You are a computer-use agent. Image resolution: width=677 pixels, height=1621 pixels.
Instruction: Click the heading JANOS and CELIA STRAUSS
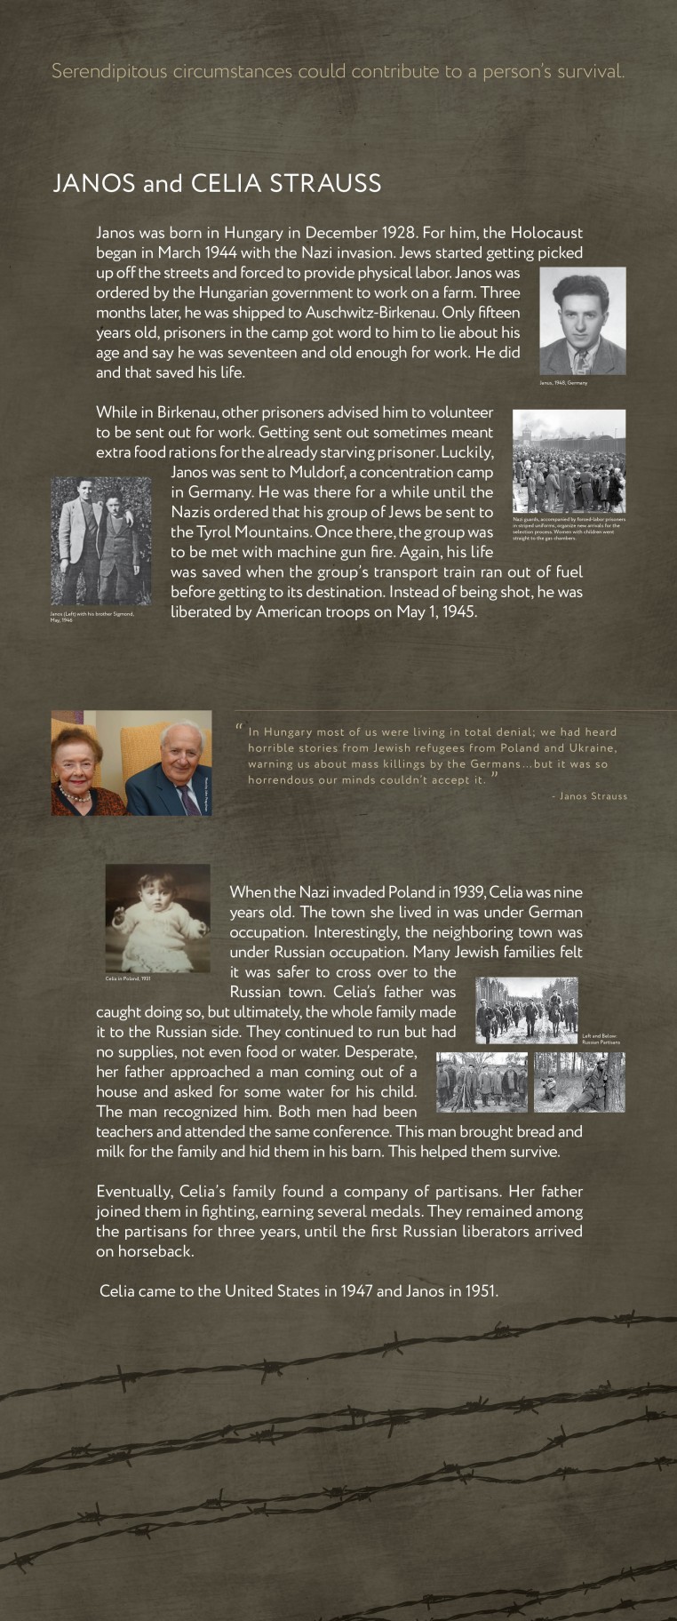tap(217, 184)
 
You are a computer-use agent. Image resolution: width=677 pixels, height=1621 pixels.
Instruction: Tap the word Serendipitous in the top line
tap(108, 71)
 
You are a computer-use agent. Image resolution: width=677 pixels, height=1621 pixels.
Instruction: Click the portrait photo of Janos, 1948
tap(582, 321)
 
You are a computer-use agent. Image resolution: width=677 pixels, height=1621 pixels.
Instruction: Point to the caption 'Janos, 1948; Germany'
tap(562, 383)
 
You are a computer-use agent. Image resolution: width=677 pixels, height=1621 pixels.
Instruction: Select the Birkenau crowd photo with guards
tap(569, 460)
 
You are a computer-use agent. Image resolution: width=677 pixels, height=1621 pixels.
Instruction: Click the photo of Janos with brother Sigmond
tap(100, 540)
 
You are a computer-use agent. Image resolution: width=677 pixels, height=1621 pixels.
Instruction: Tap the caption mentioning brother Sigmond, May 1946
tap(92, 617)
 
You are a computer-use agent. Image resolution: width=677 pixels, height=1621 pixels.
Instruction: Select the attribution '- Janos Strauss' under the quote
tap(589, 796)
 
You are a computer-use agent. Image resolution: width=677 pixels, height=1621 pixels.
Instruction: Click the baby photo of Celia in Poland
tap(157, 917)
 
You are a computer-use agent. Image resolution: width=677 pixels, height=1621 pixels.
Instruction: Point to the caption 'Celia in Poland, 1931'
tap(128, 978)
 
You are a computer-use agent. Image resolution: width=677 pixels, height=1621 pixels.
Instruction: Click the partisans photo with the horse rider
tap(526, 1010)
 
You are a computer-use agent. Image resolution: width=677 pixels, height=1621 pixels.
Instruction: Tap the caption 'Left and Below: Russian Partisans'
tap(601, 1039)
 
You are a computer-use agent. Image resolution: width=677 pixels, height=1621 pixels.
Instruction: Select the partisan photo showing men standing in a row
tap(482, 1082)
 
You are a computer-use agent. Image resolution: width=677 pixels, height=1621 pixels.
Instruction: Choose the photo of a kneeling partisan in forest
tap(579, 1082)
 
